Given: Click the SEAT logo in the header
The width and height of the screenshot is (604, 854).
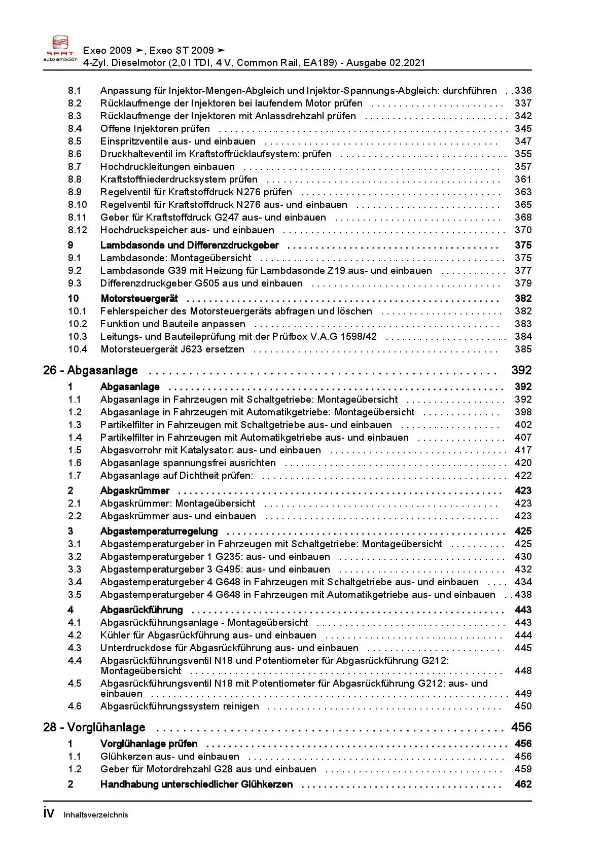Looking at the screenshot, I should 60,49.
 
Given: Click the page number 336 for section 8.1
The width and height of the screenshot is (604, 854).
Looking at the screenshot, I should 523,91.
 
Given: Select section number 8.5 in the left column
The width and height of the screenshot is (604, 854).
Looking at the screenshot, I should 75,141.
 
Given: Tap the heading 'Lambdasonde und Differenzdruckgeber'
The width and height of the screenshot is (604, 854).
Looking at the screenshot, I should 189,245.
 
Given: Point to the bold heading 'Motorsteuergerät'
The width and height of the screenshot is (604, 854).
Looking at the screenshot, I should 139,299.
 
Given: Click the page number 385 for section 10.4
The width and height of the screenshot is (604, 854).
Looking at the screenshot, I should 523,349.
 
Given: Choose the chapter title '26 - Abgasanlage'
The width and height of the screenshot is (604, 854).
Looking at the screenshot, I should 90,371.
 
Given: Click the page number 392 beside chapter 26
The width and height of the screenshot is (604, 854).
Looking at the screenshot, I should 521,371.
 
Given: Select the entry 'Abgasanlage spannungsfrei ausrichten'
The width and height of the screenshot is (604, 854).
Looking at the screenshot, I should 188,463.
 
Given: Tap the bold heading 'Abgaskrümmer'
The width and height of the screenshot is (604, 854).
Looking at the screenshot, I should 135,491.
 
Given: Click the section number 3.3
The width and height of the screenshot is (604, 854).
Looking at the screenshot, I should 75,570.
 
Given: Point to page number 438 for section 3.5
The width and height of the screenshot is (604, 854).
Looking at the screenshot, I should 523,595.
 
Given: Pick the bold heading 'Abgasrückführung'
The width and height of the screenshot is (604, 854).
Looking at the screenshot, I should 141,610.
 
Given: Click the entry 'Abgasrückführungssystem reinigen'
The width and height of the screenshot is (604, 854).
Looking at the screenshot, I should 180,706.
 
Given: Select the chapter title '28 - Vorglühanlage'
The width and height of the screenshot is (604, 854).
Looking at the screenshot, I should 94,728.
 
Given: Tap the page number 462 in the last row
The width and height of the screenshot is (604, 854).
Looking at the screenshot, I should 523,785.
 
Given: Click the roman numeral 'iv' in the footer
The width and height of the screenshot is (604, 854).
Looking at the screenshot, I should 49,813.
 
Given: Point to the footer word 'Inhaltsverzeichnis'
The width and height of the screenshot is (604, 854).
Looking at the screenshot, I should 96,815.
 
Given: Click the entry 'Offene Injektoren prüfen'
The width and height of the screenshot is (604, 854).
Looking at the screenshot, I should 155,129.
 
